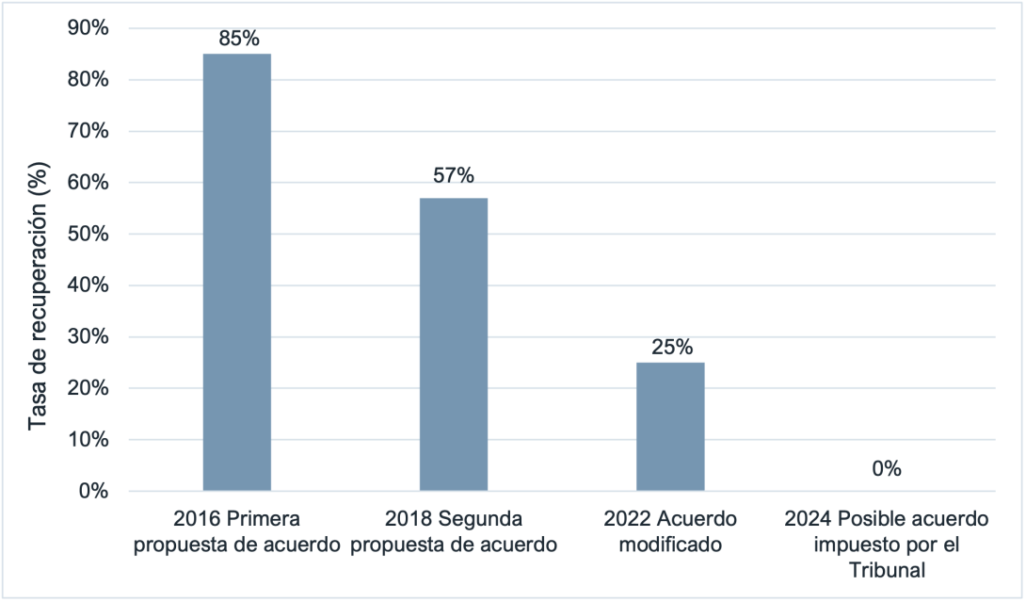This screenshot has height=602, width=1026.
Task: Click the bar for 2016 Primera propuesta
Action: (x=237, y=272)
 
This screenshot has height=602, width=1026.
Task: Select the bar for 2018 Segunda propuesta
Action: (x=454, y=344)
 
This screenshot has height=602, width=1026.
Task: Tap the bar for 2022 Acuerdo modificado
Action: (x=670, y=426)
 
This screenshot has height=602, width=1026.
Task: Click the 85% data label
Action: (x=238, y=39)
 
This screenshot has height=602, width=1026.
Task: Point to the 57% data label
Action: (x=454, y=175)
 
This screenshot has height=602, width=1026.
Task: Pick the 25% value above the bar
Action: (x=671, y=347)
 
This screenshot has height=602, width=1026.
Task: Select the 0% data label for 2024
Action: (x=887, y=468)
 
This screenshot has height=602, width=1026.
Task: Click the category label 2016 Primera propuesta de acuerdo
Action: (x=237, y=531)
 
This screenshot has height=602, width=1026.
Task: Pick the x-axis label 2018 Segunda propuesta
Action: (x=454, y=531)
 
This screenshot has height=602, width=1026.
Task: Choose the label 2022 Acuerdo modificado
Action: (x=670, y=531)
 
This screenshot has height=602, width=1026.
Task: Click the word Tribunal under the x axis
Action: (x=887, y=569)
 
